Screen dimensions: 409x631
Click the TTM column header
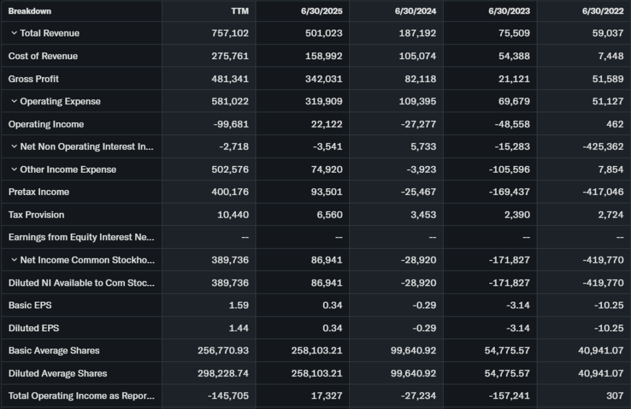240,11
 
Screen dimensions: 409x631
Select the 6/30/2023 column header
509,11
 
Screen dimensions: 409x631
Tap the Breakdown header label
30,11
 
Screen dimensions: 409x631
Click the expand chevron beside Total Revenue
14,33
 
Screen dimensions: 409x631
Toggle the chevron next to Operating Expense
14,101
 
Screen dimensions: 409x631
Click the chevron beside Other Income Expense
14,169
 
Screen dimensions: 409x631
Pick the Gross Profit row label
34,79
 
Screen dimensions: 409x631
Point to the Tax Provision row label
36,215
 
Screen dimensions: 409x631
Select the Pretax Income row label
39,192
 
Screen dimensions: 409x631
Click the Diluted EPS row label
34,328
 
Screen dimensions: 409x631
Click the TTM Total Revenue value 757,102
230,33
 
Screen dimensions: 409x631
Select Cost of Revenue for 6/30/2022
610,56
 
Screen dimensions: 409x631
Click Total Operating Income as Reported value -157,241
509,395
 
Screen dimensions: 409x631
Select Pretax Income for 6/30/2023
509,192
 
